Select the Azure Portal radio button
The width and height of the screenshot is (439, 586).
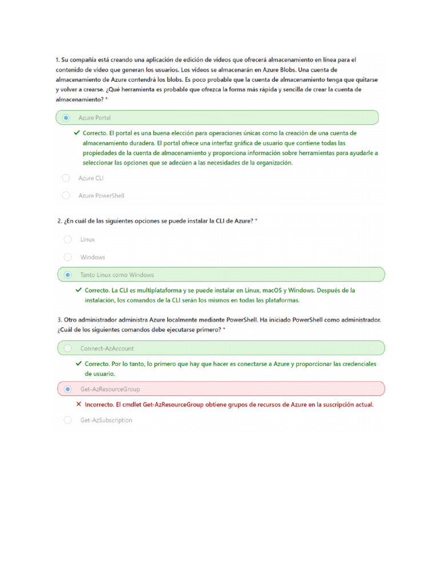point(66,118)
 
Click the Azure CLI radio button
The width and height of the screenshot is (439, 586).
point(66,178)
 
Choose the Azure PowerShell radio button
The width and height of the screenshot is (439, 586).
point(66,196)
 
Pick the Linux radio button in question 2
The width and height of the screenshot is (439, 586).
point(67,239)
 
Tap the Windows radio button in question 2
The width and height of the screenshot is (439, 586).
point(67,257)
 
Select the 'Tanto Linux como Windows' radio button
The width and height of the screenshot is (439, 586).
point(67,275)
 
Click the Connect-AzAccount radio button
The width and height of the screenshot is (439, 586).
point(67,348)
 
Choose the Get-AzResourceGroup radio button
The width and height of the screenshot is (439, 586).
point(67,389)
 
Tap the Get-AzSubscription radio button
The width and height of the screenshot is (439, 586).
point(67,420)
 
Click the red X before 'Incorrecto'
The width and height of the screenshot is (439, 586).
point(79,404)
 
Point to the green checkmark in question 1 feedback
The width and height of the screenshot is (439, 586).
point(77,133)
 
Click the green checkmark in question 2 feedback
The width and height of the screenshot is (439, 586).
point(79,290)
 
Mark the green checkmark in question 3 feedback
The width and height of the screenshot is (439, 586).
point(79,363)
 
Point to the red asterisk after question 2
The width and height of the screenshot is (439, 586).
point(256,221)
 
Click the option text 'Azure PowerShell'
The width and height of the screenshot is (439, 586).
point(101,196)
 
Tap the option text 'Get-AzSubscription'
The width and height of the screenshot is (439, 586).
point(106,420)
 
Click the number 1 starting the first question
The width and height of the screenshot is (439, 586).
point(57,60)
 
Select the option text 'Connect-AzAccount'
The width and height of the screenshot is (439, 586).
point(107,348)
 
